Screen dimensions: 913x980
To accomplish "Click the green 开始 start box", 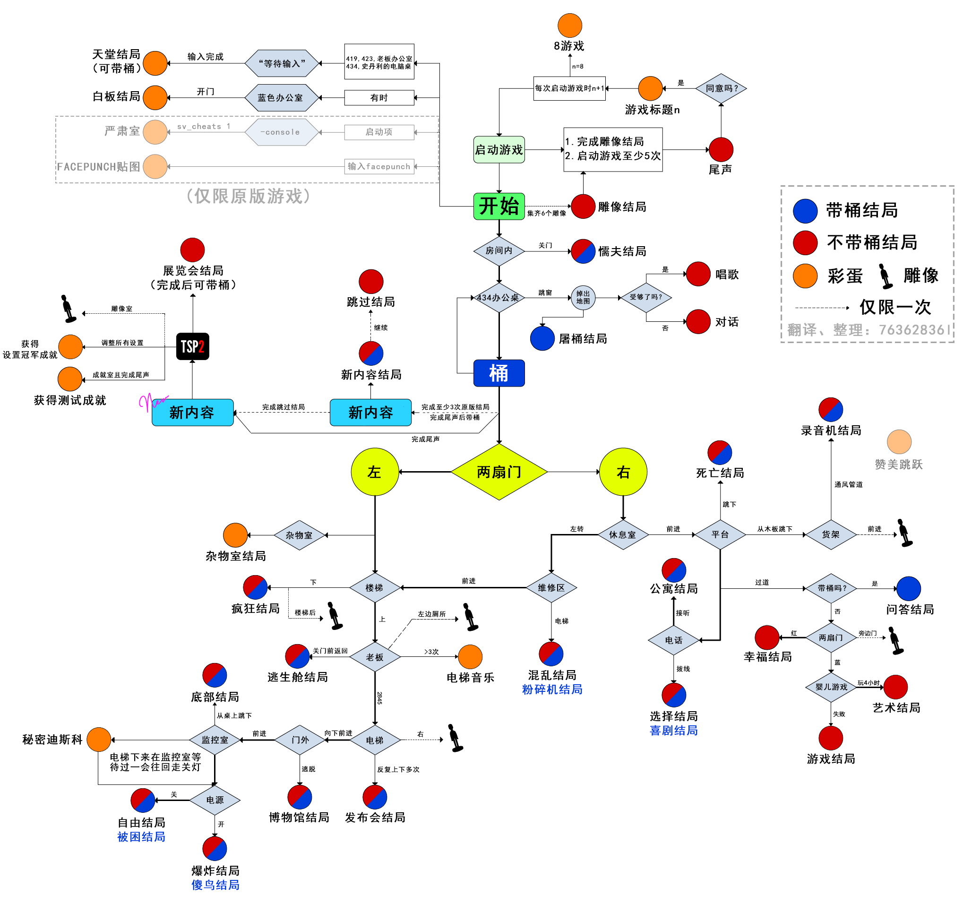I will coord(499,206).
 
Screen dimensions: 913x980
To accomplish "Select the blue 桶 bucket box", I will coord(499,373).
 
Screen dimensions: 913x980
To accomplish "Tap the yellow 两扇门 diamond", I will coord(499,472).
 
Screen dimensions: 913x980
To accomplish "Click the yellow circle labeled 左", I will coord(374,472).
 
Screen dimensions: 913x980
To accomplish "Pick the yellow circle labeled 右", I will coord(623,472).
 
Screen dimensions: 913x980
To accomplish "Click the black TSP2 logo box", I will coord(192,346).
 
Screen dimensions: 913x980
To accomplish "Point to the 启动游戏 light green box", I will coord(499,149).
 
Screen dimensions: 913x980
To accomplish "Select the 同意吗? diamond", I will coord(721,88).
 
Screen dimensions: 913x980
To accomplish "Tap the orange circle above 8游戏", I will coord(569,25).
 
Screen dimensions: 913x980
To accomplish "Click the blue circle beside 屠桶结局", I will coord(542,338).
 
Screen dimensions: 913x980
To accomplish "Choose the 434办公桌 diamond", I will coord(499,297).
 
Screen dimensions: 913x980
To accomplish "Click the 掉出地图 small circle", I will coord(583,297).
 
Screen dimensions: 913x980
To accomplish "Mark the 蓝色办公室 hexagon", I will coord(282,98).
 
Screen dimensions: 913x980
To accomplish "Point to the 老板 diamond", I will coord(374,657).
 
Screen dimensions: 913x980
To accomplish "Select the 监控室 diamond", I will coord(215,740).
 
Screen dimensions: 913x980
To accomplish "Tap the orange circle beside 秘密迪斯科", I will coord(99,739).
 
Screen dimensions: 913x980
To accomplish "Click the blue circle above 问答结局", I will coord(908,588).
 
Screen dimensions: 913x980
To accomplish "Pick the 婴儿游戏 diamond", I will coord(831,687).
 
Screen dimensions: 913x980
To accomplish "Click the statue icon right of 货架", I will coord(904,533).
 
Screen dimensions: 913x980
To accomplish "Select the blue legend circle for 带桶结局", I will coord(805,210).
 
